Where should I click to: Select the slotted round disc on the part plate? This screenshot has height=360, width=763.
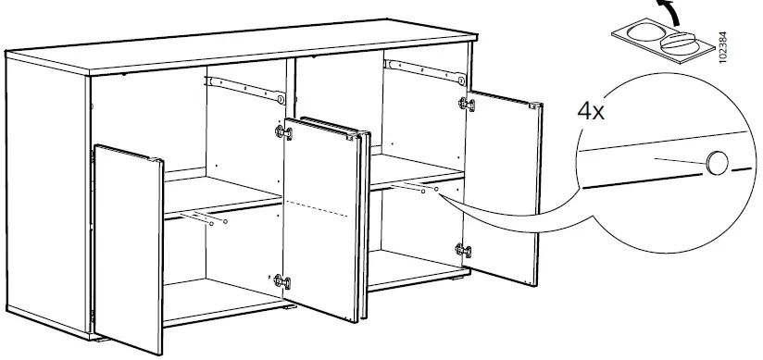pos(679,43)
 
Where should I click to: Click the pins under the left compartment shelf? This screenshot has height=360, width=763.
pos(202,219)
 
